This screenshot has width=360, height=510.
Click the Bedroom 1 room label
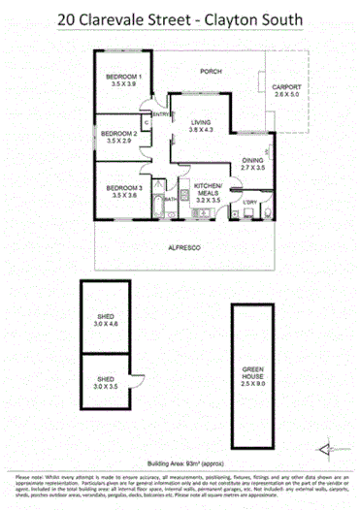tap(126, 78)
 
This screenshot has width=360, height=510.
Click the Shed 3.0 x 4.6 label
tap(107, 315)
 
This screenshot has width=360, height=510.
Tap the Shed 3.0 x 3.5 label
tap(106, 381)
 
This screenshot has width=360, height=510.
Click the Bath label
tap(170, 199)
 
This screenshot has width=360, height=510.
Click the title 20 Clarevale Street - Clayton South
tap(180, 17)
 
